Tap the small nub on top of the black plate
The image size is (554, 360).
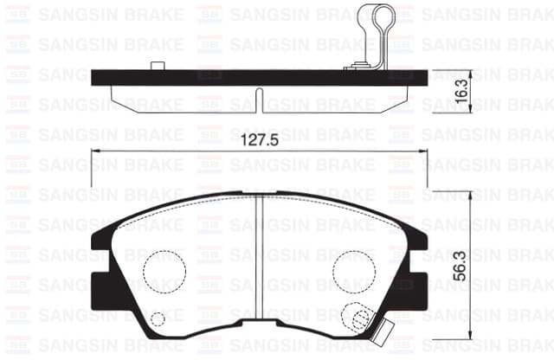click(157, 66)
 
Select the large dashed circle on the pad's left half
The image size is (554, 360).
click(164, 271)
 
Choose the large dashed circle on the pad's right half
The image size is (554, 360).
click(354, 271)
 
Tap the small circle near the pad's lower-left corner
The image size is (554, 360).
click(158, 319)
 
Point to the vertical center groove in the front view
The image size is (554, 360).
click(260, 260)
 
